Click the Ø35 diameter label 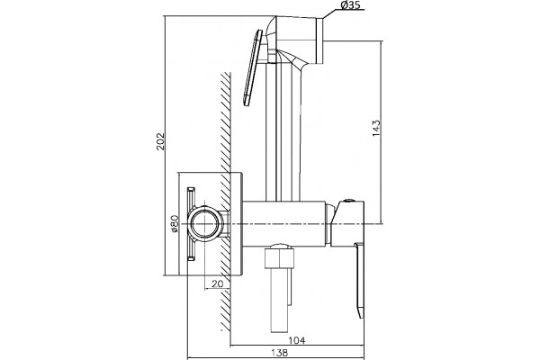(x=350, y=4)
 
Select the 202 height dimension (x=161, y=141)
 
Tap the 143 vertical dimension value (x=377, y=128)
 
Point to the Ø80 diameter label (x=175, y=223)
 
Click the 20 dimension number (x=217, y=283)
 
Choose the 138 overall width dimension (x=279, y=353)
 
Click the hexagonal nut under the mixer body (x=279, y=258)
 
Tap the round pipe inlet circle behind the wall (x=205, y=223)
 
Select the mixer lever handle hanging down (x=359, y=280)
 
